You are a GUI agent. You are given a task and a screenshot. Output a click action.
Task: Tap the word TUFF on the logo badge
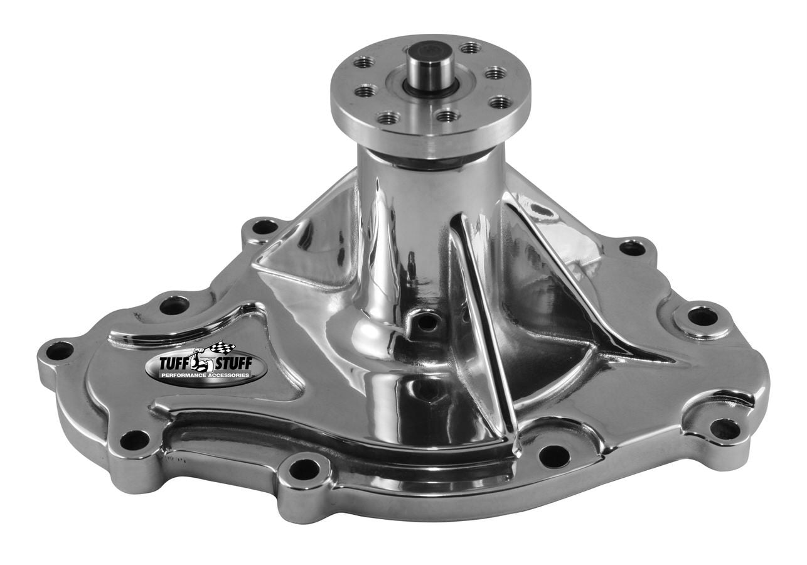169,362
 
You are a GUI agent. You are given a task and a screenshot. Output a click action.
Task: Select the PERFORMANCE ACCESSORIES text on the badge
205,375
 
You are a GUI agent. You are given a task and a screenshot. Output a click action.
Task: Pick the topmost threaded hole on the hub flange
470,47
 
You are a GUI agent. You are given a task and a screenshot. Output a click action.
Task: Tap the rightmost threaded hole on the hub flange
500,102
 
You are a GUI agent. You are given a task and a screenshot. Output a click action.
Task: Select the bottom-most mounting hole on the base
304,468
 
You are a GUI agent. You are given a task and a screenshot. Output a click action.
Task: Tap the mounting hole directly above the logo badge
174,305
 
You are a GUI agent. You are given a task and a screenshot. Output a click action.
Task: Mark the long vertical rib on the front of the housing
483,326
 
